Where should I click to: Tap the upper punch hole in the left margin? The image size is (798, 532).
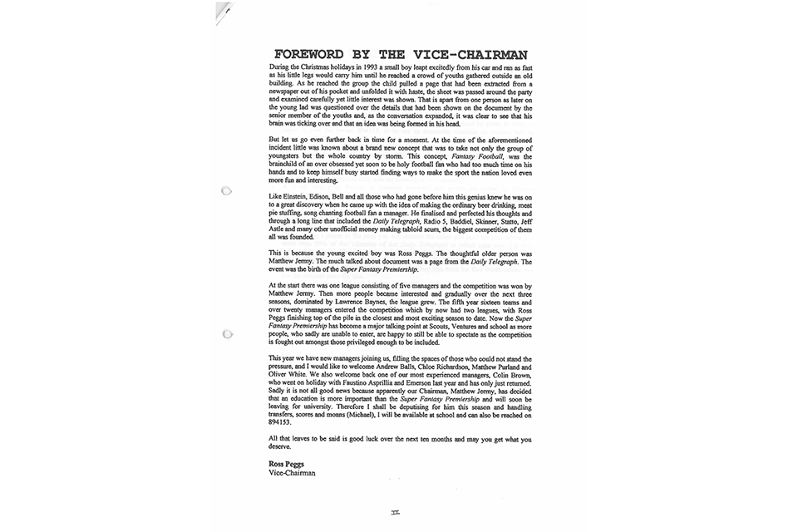pyautogui.click(x=225, y=191)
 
